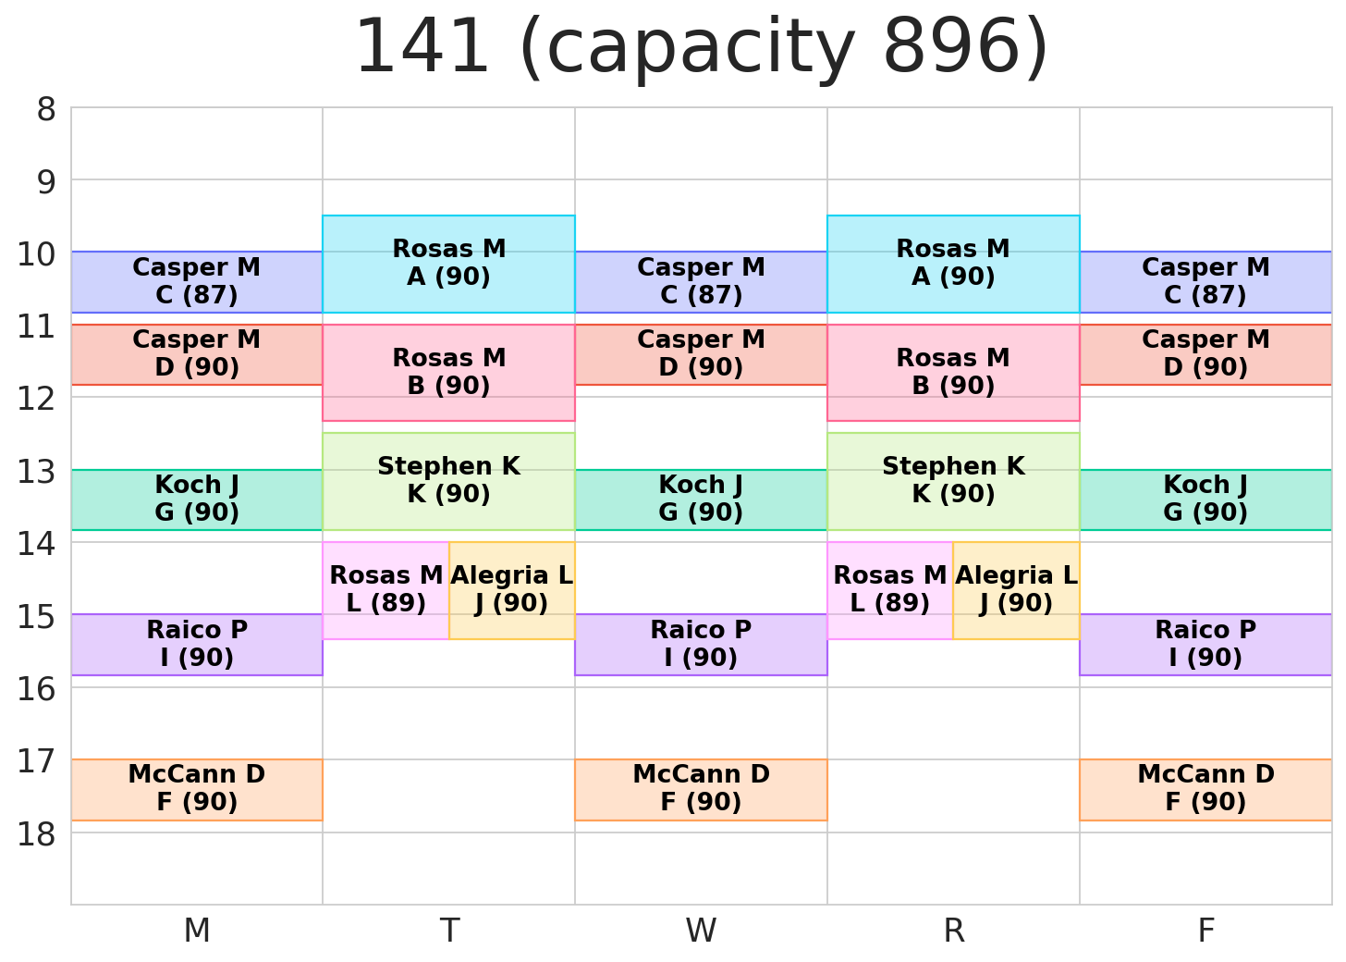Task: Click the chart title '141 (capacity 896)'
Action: (x=701, y=48)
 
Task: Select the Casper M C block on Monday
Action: (x=197, y=281)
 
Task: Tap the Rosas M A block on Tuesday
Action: (x=448, y=264)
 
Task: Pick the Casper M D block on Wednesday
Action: (x=701, y=354)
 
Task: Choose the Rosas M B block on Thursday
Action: (x=953, y=372)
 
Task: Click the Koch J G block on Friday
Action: (x=1205, y=499)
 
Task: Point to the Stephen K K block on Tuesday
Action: (x=448, y=481)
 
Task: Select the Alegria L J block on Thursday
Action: (x=1016, y=590)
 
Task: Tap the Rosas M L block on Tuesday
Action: (x=385, y=590)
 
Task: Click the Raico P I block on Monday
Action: (x=197, y=645)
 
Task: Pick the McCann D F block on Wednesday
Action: (x=701, y=789)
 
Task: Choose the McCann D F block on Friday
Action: (x=1205, y=789)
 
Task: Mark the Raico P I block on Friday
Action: (x=1205, y=645)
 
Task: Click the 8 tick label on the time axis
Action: (x=46, y=110)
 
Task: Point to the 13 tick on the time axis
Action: (x=37, y=472)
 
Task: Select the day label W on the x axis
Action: (x=701, y=931)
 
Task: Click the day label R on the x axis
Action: (x=953, y=931)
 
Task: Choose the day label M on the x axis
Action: (x=197, y=931)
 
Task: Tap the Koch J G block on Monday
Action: (x=197, y=499)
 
